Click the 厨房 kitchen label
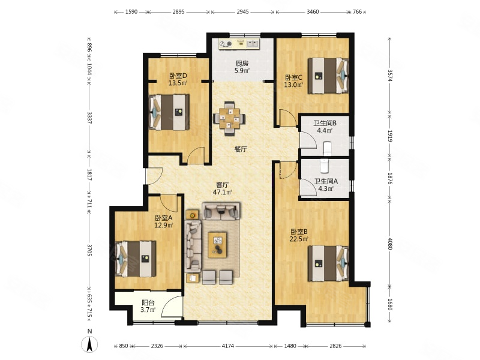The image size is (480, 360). click(242, 64)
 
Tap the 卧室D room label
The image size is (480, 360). click(178, 76)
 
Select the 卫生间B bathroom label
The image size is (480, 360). click(325, 123)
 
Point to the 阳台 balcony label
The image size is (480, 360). click(148, 303)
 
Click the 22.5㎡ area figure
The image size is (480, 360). click(299, 239)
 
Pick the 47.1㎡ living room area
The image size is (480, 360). click(222, 192)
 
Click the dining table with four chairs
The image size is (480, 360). click(229, 118)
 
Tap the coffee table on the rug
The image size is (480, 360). click(217, 245)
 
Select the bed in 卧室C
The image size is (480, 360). click(328, 76)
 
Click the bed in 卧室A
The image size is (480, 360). click(136, 259)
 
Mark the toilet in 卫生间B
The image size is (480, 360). click(327, 148)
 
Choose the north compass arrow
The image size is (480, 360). click(89, 344)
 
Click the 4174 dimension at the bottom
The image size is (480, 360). click(228, 346)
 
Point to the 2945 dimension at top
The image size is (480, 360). click(243, 12)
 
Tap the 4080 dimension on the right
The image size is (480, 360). click(389, 244)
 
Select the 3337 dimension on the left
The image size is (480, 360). click(89, 118)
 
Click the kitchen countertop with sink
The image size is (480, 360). click(239, 43)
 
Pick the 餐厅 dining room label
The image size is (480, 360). click(241, 149)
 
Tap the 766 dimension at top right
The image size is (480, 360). click(357, 12)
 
